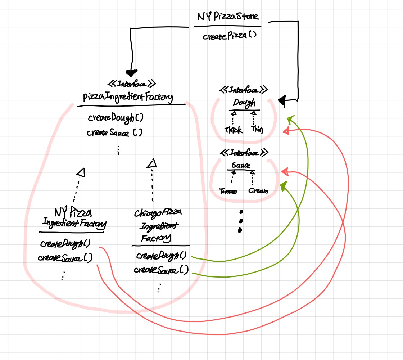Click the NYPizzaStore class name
[227, 17]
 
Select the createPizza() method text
[227, 36]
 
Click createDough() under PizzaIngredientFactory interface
[113, 118]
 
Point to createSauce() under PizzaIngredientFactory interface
[114, 132]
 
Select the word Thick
[233, 130]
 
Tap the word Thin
[257, 129]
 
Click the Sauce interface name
[241, 166]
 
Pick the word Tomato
[228, 192]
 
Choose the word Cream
[258, 191]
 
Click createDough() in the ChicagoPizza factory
[161, 256]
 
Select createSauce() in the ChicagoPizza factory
[161, 270]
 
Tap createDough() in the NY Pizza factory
[65, 243]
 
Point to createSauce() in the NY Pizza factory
[65, 258]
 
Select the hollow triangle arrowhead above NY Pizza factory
[82, 173]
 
